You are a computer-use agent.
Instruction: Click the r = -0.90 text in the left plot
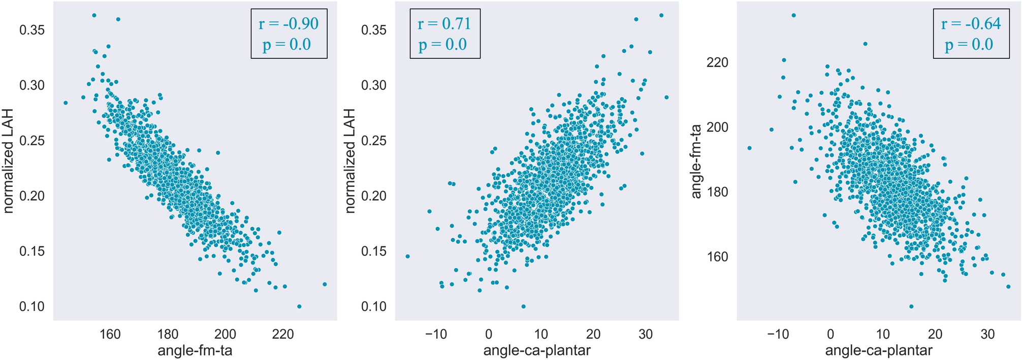coord(289,24)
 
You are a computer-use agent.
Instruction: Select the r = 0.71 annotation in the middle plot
coord(444,24)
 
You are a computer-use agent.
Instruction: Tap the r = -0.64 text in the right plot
coord(971,24)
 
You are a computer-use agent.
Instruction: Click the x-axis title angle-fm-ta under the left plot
coord(195,350)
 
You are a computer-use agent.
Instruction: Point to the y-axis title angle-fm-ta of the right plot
coord(696,161)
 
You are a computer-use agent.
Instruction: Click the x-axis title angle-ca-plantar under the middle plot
coord(537,350)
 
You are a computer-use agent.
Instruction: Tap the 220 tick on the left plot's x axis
coord(283,335)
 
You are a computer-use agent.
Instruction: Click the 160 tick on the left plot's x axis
coord(110,335)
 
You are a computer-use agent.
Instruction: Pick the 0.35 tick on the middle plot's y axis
coord(373,30)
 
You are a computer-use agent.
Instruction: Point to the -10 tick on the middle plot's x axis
coord(436,335)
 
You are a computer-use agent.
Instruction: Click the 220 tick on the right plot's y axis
coord(717,62)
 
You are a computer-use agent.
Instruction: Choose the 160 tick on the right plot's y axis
coord(717,257)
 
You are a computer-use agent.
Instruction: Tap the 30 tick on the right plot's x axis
coord(987,335)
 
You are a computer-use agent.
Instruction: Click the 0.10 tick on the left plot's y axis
coord(31,307)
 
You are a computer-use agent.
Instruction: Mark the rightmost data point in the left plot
coord(325,284)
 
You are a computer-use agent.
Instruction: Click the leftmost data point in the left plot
coord(66,103)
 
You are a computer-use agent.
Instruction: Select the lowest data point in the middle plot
coord(523,306)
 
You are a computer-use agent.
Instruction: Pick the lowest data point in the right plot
coord(911,306)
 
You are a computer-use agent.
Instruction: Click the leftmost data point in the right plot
coord(749,148)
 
